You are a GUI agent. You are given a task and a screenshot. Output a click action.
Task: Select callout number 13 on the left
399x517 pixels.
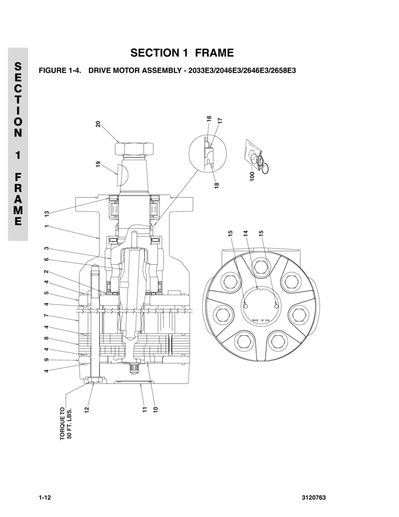point(47,214)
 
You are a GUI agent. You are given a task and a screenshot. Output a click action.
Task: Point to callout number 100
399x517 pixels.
point(252,176)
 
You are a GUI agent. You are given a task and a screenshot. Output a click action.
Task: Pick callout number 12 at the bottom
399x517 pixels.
point(87,409)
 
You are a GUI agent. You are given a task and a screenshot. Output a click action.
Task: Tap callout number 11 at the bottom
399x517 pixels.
point(145,409)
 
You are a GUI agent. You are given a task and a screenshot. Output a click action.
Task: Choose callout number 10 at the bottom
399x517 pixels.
point(155,409)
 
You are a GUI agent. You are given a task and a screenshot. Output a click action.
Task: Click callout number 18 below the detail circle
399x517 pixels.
point(217,185)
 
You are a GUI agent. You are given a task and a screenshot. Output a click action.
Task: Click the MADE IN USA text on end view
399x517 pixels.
point(261,320)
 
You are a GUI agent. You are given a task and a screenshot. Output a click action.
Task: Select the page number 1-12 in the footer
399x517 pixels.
point(45,498)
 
